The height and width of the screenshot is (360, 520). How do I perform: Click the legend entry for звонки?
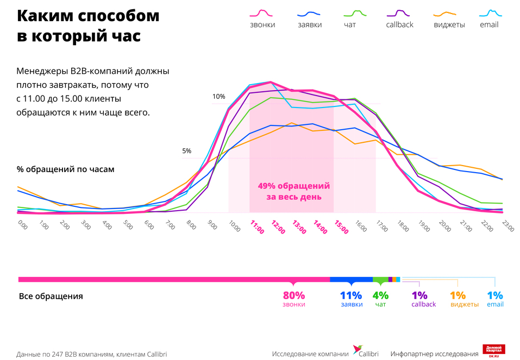tap(262, 19)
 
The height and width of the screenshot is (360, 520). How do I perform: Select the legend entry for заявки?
tap(310, 19)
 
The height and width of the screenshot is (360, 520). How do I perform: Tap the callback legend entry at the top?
tap(399, 19)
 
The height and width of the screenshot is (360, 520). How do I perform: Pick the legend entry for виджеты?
tap(449, 19)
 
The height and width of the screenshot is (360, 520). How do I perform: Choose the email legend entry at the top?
tap(489, 19)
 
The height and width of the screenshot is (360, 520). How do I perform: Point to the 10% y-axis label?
tap(218, 97)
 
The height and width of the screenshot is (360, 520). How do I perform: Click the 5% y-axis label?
tap(186, 151)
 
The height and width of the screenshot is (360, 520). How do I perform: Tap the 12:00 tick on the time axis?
tap(278, 227)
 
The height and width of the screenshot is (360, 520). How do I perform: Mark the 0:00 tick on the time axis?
tap(23, 224)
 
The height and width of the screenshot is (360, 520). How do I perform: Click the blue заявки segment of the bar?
tap(351, 279)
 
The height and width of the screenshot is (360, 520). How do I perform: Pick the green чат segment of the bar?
tap(380, 279)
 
